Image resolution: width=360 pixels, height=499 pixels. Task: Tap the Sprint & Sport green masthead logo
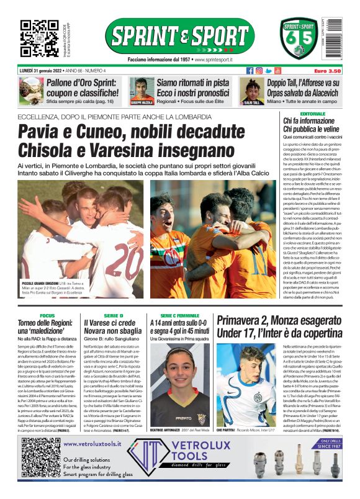click(179, 36)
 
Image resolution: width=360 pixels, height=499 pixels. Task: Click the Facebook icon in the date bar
click(250, 71)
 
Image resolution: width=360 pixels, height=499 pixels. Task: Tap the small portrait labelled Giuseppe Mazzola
click(142, 91)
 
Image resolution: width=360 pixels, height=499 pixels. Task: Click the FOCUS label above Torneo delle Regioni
click(47, 316)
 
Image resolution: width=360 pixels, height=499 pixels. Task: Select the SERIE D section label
click(113, 316)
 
